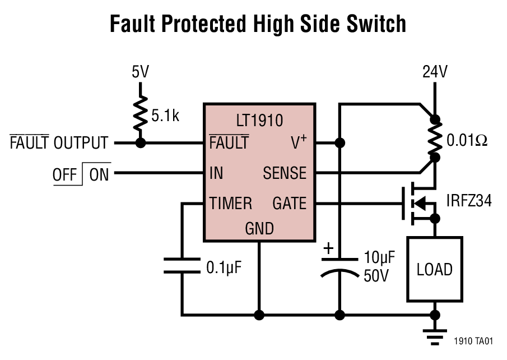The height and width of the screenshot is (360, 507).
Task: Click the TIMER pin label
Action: point(231,203)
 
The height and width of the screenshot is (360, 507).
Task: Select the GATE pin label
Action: point(290,203)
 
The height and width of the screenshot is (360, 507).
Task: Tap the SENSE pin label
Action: point(285,173)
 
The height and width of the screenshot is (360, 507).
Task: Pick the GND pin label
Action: point(259,228)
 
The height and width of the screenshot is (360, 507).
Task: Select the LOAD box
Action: point(434,269)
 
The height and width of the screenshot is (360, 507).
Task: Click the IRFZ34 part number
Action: point(469,200)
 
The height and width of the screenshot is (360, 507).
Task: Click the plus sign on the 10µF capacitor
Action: point(328,248)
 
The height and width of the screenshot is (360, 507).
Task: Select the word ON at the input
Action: point(99,175)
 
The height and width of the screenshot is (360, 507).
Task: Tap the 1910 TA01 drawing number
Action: point(473,340)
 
